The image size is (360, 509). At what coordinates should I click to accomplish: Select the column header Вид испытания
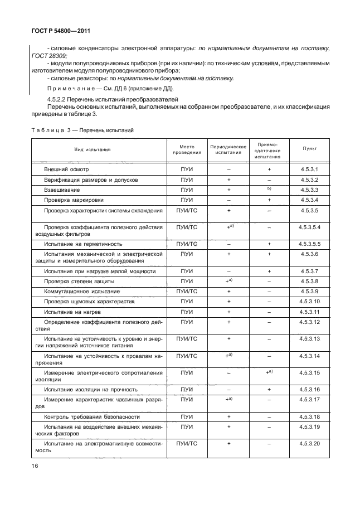point(93,149)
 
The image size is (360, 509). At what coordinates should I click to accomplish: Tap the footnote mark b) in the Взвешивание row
point(269,189)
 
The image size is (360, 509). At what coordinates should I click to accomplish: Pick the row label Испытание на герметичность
point(83,244)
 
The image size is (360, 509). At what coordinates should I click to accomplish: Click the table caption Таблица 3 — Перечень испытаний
point(82,130)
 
